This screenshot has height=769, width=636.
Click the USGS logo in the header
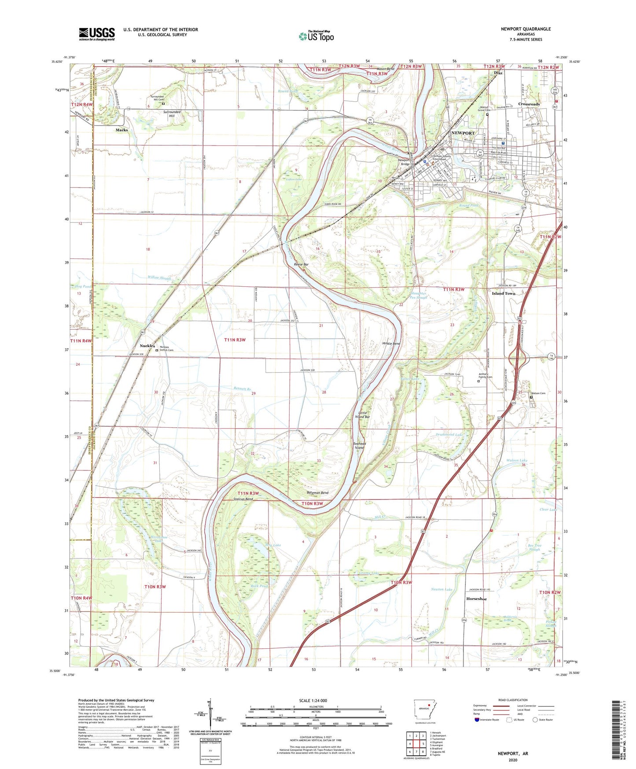(97, 34)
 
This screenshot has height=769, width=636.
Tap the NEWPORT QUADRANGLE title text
(526, 29)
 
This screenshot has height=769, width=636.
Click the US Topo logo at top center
(316, 36)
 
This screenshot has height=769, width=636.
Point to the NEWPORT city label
(463, 133)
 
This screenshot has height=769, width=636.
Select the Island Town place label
(504, 293)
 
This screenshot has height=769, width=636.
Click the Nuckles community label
(147, 346)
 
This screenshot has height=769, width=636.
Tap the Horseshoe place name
(477, 599)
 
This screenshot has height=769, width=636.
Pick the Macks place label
(121, 130)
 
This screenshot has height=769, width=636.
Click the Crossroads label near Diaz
(529, 104)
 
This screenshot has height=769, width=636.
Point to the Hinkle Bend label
(391, 344)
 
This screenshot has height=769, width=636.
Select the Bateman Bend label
(317, 493)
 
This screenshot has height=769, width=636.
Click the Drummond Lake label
(448, 435)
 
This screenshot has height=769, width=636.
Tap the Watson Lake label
(517, 460)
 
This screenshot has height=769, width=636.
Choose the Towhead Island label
(360, 446)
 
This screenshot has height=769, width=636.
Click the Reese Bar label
(301, 265)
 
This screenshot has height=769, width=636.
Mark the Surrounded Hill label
(172, 114)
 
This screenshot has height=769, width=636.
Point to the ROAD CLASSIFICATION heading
(512, 700)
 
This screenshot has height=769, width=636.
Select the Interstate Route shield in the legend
(478, 720)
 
